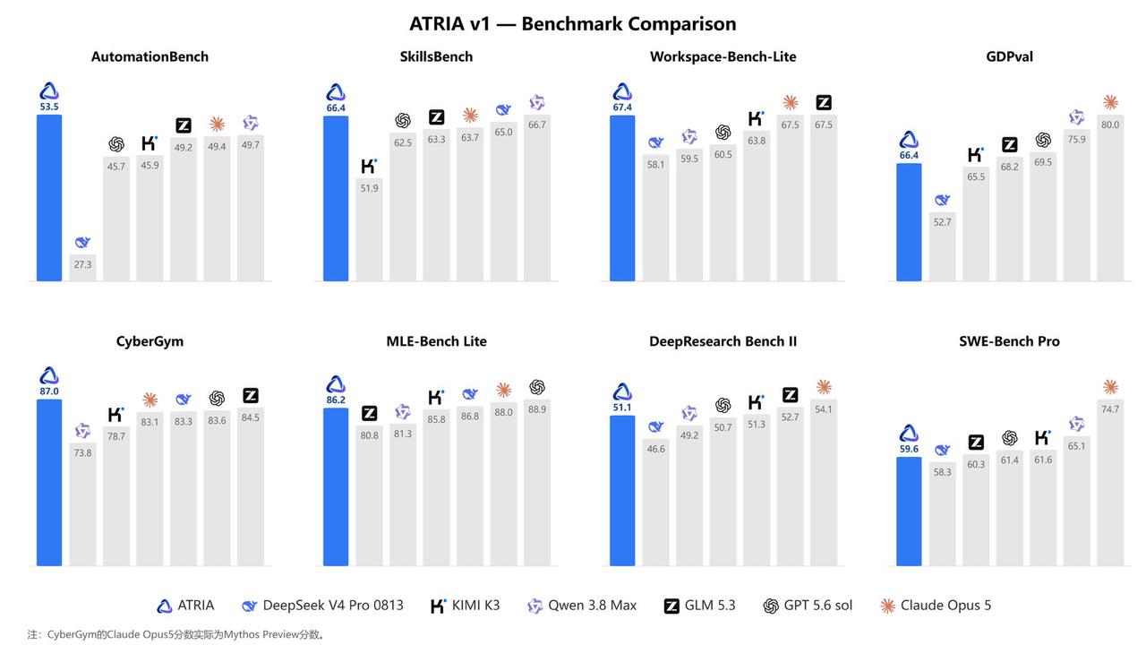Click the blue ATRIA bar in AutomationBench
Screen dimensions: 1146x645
click(49, 198)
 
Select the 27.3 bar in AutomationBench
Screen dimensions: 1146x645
click(83, 268)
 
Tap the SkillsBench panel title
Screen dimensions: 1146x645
click(436, 56)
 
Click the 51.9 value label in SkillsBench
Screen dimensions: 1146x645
click(370, 188)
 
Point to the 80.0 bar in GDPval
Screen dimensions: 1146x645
click(1110, 198)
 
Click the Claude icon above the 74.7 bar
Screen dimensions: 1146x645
click(1110, 387)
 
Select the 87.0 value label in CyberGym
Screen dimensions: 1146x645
click(49, 391)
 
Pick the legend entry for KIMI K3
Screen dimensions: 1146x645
click(465, 606)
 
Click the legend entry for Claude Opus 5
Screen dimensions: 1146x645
click(936, 606)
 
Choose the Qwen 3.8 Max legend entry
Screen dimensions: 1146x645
click(582, 606)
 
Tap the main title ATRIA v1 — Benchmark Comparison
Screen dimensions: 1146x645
click(572, 23)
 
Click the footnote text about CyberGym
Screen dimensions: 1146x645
click(176, 635)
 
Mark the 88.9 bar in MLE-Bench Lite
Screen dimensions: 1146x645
click(537, 483)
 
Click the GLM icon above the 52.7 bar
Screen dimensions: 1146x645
click(790, 395)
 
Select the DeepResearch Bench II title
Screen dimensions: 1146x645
click(723, 341)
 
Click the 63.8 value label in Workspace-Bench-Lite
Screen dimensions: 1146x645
click(757, 141)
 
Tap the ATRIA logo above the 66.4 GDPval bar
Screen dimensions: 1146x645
click(909, 140)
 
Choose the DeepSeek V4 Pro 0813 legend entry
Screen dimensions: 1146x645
click(322, 606)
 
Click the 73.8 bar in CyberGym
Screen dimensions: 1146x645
click(83, 504)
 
